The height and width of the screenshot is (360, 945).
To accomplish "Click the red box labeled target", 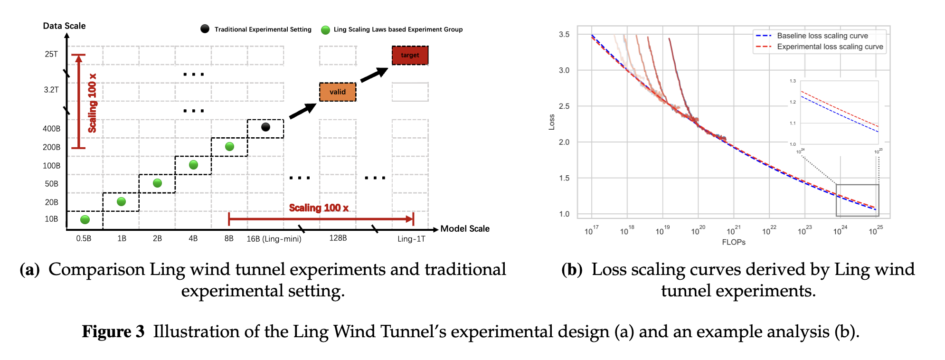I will pos(410,56).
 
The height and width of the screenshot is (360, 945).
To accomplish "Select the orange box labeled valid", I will pos(338,92).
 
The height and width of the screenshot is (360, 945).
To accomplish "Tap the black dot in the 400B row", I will pos(266,127).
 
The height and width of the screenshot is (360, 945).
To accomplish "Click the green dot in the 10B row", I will pos(85,219).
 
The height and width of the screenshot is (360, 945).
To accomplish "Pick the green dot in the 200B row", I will pos(229,146).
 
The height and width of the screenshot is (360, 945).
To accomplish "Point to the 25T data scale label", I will pos(51,54).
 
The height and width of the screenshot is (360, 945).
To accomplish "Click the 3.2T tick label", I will pos(51,90).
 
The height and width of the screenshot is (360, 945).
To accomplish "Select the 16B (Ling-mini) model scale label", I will pos(274,239).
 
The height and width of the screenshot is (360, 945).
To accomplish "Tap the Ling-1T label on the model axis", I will pos(411,239).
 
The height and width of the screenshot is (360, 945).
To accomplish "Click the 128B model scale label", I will pos(338,238).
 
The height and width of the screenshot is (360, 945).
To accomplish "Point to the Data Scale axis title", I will pos(64,26).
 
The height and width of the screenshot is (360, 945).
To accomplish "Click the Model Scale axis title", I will pos(465,228).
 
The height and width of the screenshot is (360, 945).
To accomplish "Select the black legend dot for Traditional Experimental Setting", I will pos(205,29).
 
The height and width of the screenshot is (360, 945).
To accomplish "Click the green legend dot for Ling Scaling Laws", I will pos(325,30).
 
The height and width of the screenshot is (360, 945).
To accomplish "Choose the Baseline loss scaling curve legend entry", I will pos(822,36).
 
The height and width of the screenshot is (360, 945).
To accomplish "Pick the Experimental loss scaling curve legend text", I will pos(830,47).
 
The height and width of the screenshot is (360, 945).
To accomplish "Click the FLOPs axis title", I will pos(734,242).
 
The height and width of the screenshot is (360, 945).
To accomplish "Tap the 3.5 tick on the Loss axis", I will pos(564,34).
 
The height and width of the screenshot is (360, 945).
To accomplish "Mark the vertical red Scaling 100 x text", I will pos(92,103).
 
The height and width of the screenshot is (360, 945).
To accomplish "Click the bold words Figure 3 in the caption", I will pos(113,332).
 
